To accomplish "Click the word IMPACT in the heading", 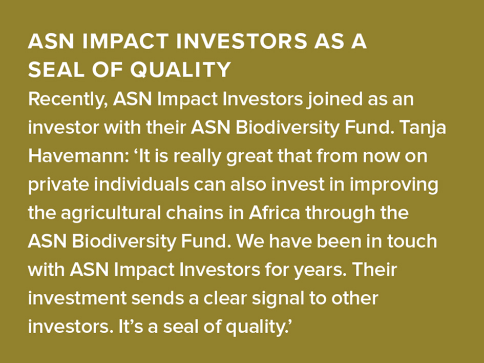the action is [x=125, y=42].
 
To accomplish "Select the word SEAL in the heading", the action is [x=56, y=69].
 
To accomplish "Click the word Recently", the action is [x=68, y=100].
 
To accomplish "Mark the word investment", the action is [x=77, y=298].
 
